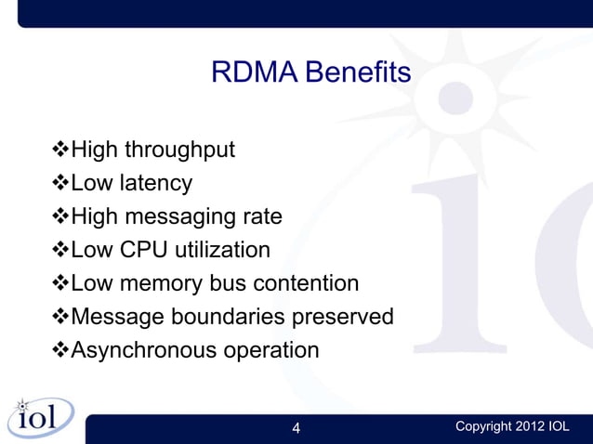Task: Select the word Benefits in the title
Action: pyautogui.click(x=357, y=72)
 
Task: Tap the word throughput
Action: pyautogui.click(x=179, y=150)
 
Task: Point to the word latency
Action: pyautogui.click(x=154, y=183)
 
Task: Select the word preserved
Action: pyautogui.click(x=343, y=317)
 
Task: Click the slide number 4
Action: pyautogui.click(x=296, y=428)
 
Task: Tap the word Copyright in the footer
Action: pyautogui.click(x=483, y=426)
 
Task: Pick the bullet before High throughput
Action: pyautogui.click(x=60, y=150)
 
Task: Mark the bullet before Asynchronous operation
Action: pyautogui.click(x=60, y=351)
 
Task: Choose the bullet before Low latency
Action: pyautogui.click(x=60, y=183)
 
